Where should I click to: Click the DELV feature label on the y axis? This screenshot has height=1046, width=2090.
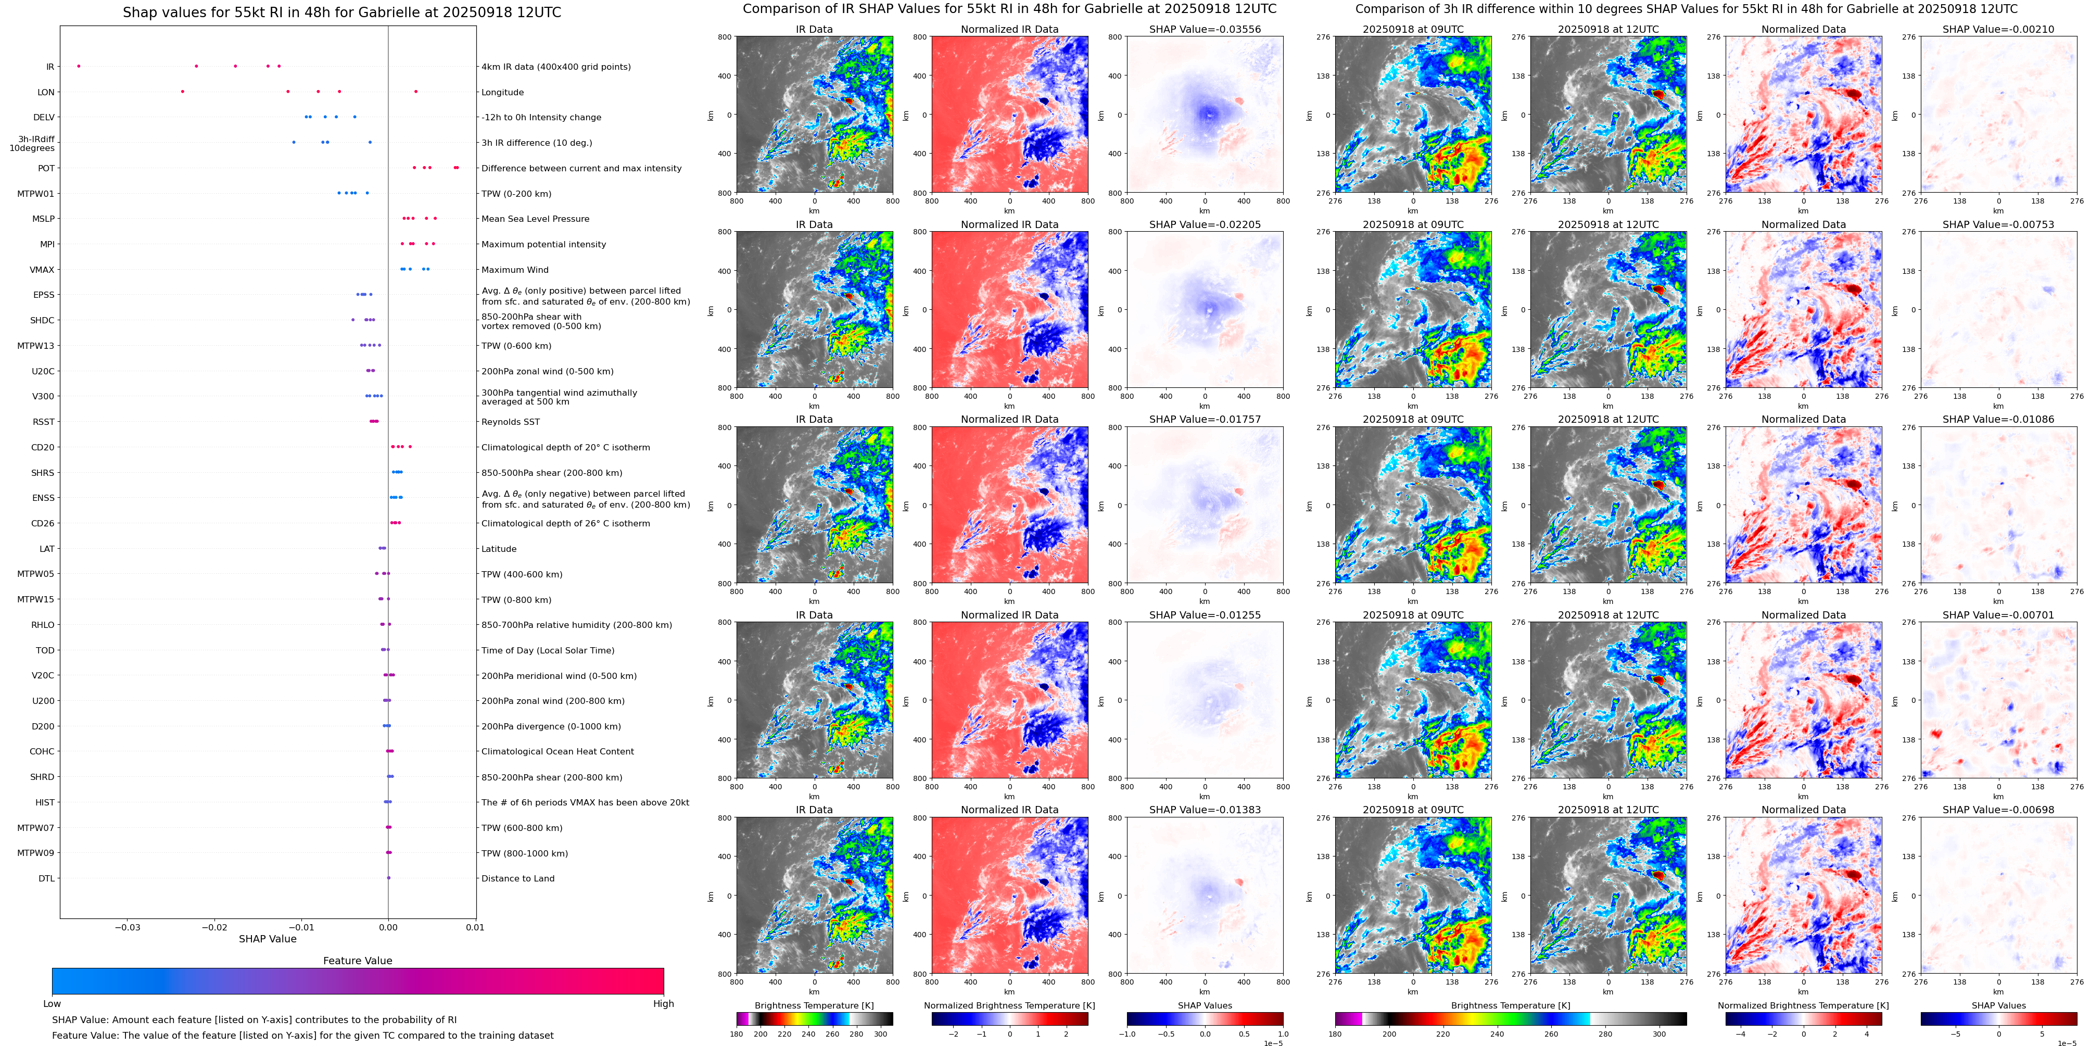[44, 118]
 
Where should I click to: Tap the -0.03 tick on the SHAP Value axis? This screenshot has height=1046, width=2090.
[128, 927]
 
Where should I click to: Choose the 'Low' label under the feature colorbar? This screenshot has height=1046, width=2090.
[52, 1004]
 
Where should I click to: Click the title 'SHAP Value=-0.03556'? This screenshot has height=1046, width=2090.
[1205, 29]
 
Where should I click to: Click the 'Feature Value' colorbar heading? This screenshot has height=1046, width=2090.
[358, 961]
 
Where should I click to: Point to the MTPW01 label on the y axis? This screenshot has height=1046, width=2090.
[36, 194]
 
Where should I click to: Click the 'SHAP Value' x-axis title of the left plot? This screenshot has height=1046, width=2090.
[268, 939]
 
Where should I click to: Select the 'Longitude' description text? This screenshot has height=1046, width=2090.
[502, 93]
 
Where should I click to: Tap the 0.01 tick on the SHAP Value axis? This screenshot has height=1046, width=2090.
[475, 927]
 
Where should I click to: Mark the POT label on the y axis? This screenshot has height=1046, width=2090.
[46, 169]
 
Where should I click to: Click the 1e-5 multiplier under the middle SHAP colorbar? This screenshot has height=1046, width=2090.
[1273, 1043]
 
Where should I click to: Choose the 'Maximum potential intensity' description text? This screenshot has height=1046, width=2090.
[543, 244]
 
